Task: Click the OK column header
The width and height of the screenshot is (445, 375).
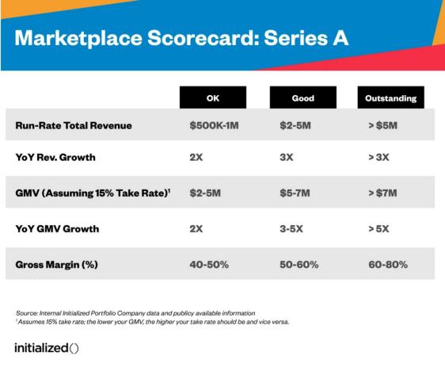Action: click(213, 98)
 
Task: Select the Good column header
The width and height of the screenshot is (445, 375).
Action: click(303, 98)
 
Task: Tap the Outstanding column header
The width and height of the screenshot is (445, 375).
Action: click(391, 98)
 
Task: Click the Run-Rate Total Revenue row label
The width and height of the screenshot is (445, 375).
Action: click(74, 125)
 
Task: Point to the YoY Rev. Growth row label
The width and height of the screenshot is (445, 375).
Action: click(55, 157)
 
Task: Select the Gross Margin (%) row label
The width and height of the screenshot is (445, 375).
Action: click(57, 265)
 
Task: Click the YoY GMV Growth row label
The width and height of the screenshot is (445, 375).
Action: click(57, 228)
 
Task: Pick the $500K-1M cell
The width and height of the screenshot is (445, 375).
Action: click(215, 125)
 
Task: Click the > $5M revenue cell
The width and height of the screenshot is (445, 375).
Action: click(383, 125)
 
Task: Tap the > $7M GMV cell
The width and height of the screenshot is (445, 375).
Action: click(382, 193)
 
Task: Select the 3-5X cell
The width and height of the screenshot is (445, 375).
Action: click(291, 228)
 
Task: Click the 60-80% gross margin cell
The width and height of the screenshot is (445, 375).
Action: click(388, 265)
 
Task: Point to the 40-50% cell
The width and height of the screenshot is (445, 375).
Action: click(209, 265)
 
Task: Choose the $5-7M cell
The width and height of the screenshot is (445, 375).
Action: click(295, 193)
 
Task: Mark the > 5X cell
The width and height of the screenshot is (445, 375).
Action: click(378, 228)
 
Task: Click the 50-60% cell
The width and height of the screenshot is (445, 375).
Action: click(299, 265)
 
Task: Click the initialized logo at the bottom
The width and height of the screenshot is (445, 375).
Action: click(47, 348)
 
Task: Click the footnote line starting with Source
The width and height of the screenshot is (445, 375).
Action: click(135, 313)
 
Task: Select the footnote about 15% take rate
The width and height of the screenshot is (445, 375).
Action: click(152, 322)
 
